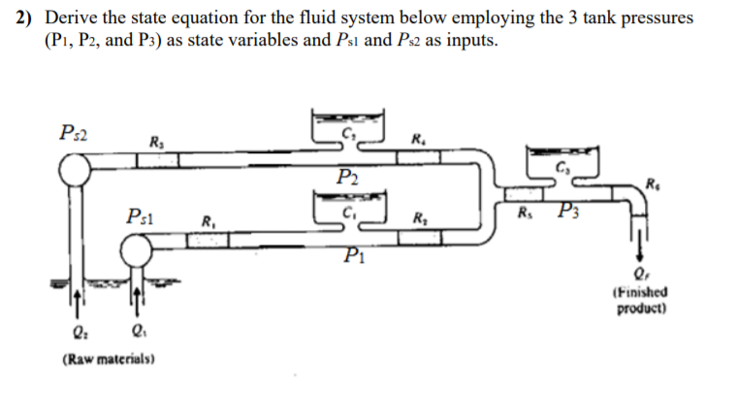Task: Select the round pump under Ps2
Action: (x=75, y=171)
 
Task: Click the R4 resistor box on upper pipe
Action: (x=419, y=158)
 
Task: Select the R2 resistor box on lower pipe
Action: (x=418, y=238)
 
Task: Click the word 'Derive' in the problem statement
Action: (x=71, y=19)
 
